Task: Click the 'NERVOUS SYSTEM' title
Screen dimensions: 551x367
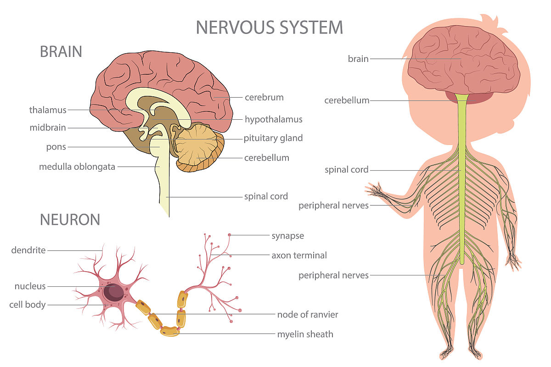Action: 270,27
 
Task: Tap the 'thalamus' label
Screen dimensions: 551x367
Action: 48,110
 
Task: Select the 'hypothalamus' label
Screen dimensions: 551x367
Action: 274,119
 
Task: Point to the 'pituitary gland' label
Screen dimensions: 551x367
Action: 273,138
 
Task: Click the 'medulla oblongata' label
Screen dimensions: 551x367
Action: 77,167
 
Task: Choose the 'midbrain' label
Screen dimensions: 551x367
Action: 48,128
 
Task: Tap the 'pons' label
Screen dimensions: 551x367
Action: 56,147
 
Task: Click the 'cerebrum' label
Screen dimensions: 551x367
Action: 264,97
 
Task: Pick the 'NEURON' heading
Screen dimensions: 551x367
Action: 70,219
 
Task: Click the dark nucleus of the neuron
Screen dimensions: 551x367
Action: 113,292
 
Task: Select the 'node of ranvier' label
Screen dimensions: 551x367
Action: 308,315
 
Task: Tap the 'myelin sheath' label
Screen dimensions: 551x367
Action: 305,334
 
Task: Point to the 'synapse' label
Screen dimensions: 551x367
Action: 288,236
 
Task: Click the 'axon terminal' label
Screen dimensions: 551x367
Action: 299,256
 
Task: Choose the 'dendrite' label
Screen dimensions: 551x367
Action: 28,250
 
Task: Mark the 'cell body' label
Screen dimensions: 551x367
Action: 27,305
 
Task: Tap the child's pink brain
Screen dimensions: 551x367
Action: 464,60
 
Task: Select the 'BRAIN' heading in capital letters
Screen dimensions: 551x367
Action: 61,52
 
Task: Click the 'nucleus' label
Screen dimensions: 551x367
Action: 30,286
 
